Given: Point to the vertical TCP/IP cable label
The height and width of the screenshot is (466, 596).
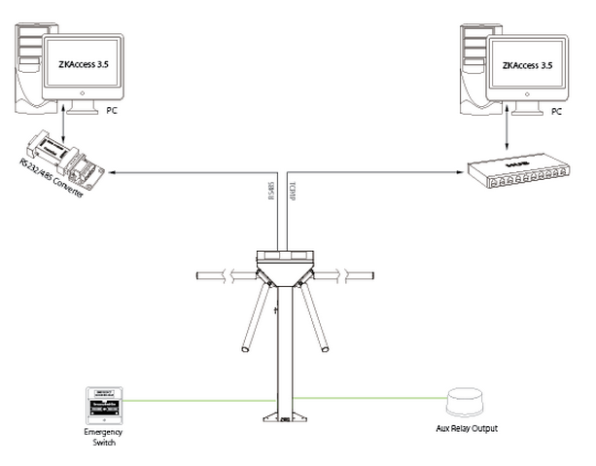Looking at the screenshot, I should coord(291,193).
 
